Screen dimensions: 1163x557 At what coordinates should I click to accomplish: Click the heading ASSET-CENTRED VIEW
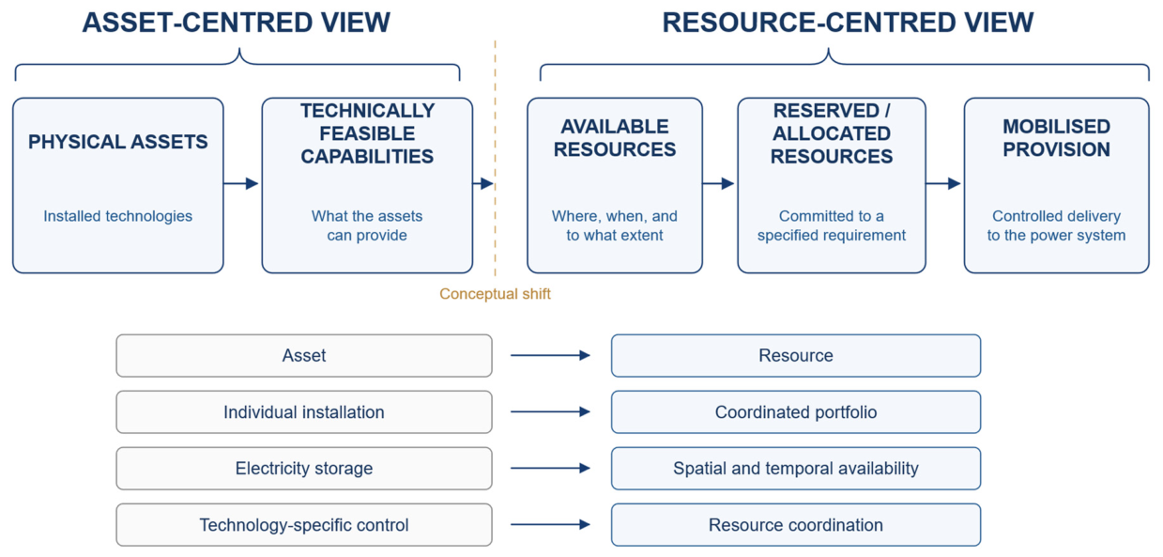[237, 23]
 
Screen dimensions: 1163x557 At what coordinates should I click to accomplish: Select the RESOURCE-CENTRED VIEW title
[848, 23]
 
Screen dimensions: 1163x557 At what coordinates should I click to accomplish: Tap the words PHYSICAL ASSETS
[118, 142]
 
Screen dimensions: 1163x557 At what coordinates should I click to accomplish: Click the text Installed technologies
[118, 216]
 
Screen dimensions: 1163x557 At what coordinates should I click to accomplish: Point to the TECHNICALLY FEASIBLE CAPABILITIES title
[367, 133]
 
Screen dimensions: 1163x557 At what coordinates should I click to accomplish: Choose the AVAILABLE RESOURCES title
[615, 138]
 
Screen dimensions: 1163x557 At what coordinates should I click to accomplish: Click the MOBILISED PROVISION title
[1057, 138]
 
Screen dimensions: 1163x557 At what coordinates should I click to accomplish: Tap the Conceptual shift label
[495, 294]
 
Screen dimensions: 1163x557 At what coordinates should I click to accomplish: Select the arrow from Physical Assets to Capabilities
[241, 183]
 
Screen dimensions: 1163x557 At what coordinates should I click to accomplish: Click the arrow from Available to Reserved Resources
[718, 183]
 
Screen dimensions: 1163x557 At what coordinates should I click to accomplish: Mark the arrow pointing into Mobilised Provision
[943, 183]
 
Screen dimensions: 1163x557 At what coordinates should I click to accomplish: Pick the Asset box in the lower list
[304, 356]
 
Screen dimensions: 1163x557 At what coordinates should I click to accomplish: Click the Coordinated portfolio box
[796, 412]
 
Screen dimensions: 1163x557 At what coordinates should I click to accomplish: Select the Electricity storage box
[304, 468]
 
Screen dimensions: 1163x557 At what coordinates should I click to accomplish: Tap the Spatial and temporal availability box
[796, 468]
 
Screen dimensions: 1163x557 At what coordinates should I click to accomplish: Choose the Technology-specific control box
[304, 525]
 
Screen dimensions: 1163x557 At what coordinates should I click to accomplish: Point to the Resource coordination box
[796, 525]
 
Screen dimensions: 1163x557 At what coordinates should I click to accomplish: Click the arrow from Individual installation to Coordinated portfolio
[550, 412]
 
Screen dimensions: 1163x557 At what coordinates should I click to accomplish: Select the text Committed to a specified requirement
[832, 225]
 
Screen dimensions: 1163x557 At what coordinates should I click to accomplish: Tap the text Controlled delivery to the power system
[1057, 225]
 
